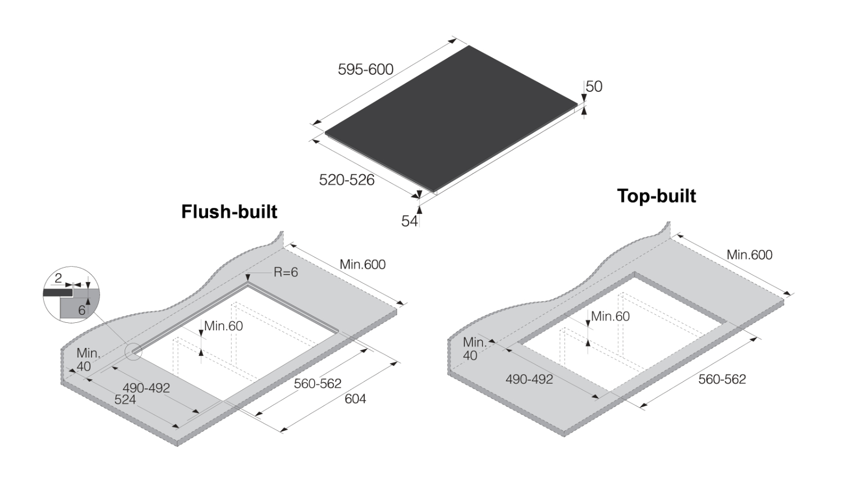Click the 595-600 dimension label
click(365, 69)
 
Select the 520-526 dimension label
click(347, 180)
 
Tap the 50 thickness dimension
click(594, 87)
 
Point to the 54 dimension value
click(409, 221)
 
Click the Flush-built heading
click(229, 212)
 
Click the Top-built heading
click(656, 196)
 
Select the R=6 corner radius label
click(286, 272)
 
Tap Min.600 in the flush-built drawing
click(362, 264)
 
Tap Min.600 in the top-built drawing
click(749, 255)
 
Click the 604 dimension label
click(355, 399)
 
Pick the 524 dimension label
click(125, 400)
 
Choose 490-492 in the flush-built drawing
click(146, 388)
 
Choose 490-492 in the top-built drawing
click(529, 379)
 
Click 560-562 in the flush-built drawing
click(317, 384)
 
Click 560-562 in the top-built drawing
click(722, 379)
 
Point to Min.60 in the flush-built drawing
click(223, 325)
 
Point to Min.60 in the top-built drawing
click(610, 316)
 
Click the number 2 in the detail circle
click(58, 278)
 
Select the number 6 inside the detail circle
click(81, 311)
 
